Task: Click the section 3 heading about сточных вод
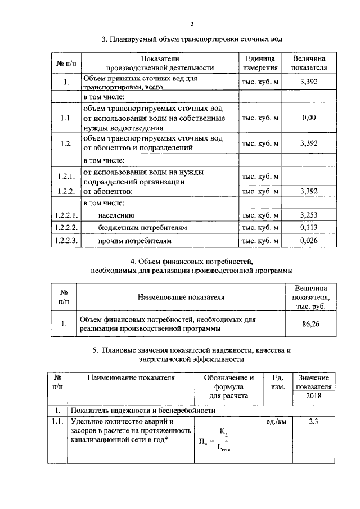pos(191,40)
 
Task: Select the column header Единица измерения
pos(260,64)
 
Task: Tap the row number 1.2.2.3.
pos(66,241)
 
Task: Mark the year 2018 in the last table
pos(315,397)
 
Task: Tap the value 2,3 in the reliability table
pos(314,420)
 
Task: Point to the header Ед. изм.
pos(276,382)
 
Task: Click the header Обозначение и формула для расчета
pos(228,387)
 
